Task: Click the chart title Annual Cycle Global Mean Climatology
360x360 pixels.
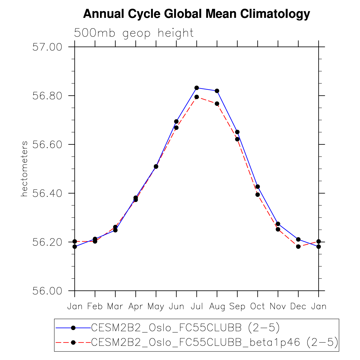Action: coord(197,14)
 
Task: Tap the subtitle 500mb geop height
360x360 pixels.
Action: coord(134,33)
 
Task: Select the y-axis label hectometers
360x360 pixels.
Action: coord(25,169)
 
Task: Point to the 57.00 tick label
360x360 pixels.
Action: coord(47,47)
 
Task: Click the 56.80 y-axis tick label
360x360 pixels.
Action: coord(47,96)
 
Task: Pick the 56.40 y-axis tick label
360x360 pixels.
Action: coord(47,193)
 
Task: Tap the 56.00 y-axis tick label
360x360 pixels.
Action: coord(47,291)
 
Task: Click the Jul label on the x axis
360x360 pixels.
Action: coord(197,306)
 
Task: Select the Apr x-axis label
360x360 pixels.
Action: coord(136,306)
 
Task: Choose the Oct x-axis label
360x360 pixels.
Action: coord(257,306)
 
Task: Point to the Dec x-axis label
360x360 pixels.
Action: coord(298,306)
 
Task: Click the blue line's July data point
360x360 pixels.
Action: coord(197,88)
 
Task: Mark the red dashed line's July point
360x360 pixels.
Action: coord(197,97)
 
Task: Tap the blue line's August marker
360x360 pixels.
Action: coord(217,91)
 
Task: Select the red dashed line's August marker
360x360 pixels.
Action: coord(217,104)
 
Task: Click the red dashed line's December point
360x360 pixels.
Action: coord(298,246)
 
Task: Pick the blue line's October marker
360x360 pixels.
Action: coord(257,187)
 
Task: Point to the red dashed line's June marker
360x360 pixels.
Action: coord(176,128)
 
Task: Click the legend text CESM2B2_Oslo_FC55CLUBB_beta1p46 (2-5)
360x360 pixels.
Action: coord(215,342)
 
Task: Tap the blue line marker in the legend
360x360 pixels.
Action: coord(73,328)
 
